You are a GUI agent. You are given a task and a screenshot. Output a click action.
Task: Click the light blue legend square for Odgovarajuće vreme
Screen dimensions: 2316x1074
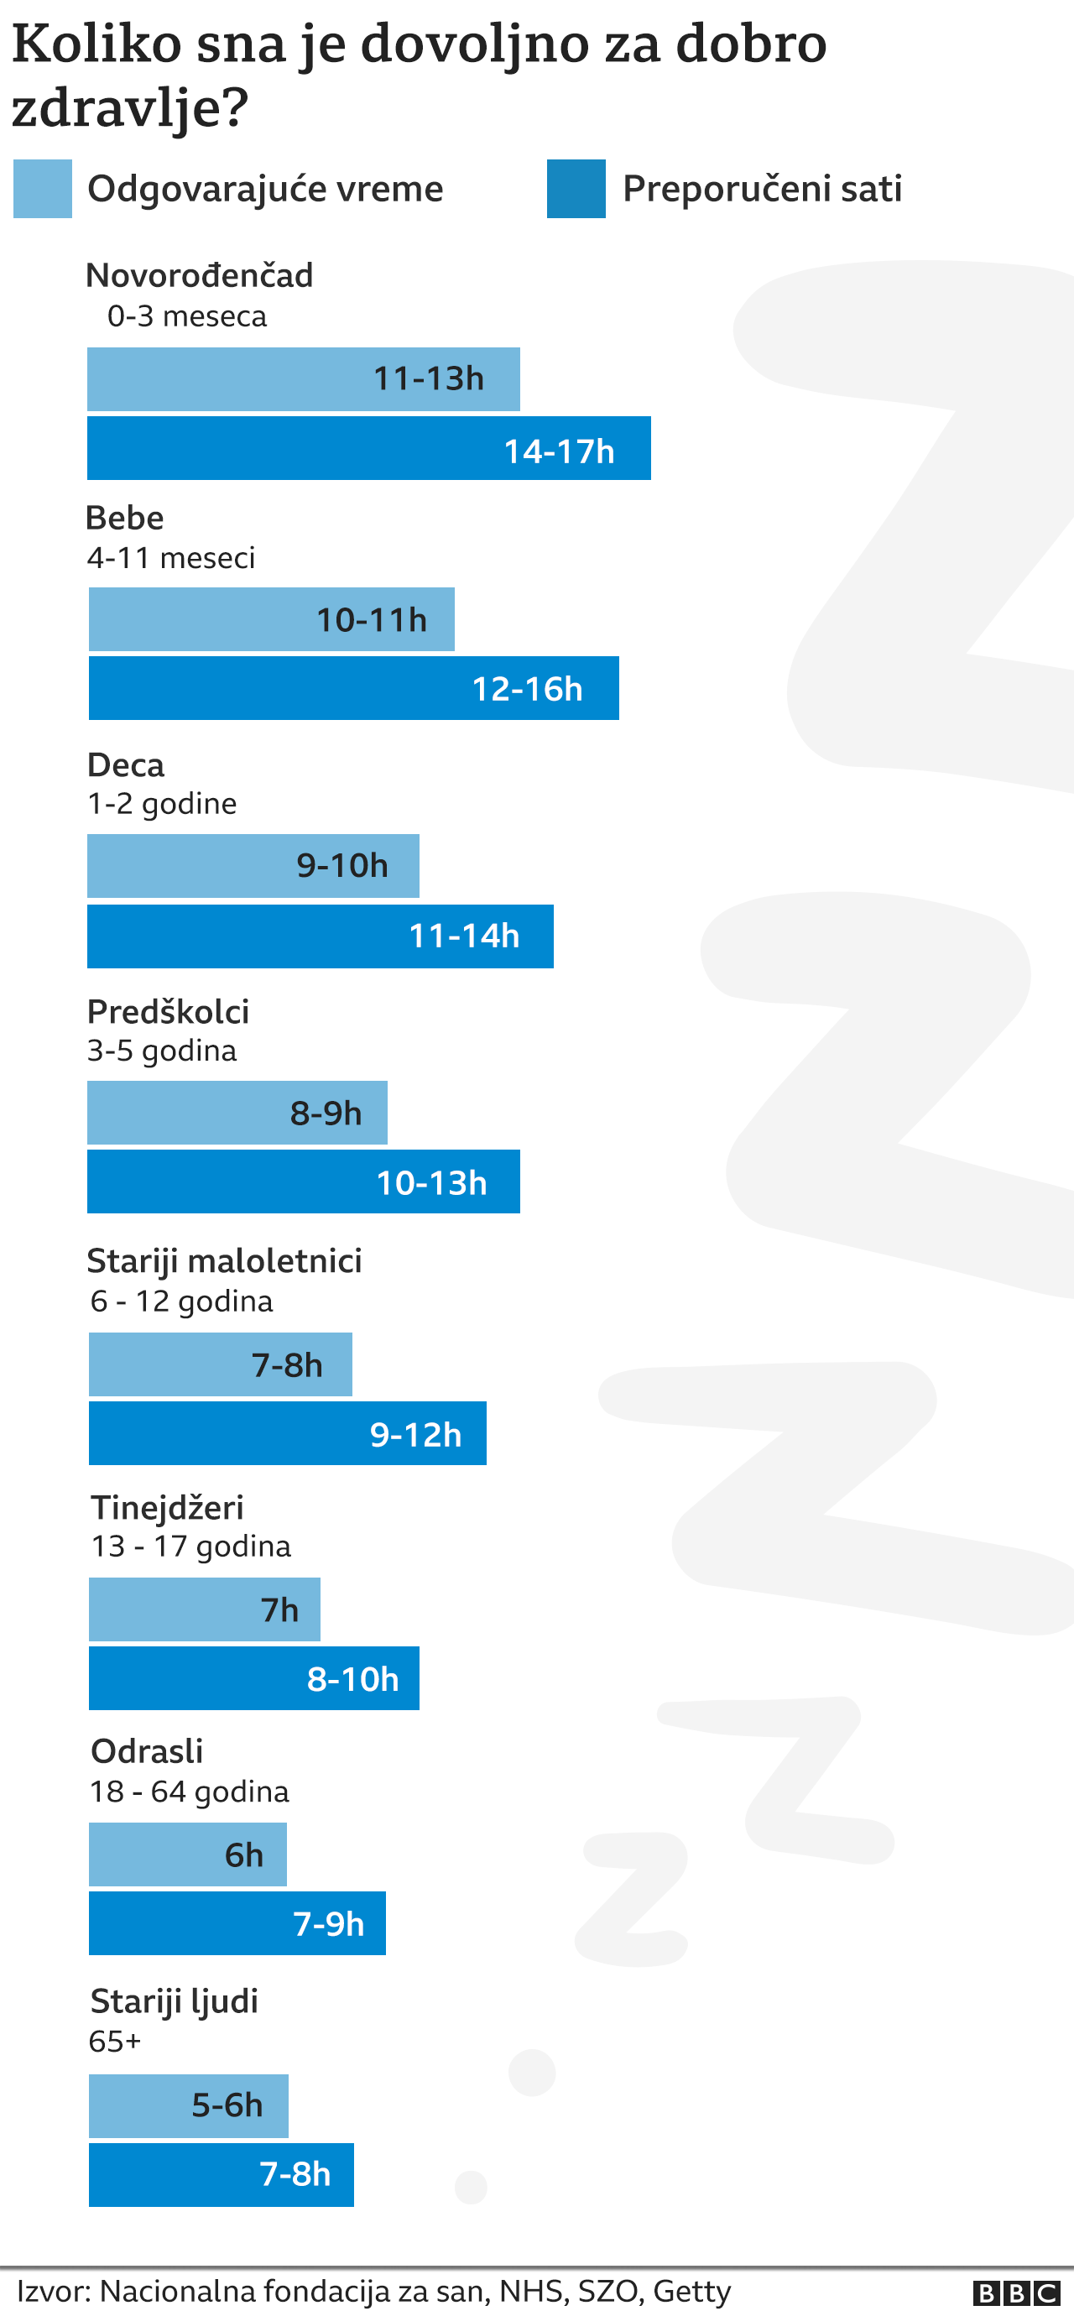[x=42, y=189]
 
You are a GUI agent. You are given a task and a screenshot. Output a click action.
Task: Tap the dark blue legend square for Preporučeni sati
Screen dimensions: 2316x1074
[x=576, y=189]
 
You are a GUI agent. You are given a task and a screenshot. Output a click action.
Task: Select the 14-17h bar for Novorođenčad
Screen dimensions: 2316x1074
[x=368, y=448]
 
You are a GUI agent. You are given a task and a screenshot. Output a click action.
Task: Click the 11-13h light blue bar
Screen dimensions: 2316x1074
[x=303, y=379]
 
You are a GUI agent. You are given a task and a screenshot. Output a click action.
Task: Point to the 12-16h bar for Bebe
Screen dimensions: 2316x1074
[x=353, y=688]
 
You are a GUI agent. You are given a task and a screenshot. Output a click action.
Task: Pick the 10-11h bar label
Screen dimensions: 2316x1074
[x=371, y=620]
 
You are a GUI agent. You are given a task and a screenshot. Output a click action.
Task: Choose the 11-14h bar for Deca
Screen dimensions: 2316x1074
[x=320, y=936]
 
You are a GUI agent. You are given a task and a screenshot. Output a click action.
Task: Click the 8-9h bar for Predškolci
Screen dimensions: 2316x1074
[x=237, y=1113]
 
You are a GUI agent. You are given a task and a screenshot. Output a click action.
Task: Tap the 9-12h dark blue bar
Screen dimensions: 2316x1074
[x=288, y=1433]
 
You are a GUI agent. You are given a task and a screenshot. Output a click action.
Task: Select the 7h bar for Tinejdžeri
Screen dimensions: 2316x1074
[x=204, y=1609]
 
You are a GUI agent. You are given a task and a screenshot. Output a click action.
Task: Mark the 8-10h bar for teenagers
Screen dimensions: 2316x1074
[x=253, y=1678]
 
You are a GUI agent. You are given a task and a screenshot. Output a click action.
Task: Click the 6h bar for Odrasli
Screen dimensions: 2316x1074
[x=187, y=1854]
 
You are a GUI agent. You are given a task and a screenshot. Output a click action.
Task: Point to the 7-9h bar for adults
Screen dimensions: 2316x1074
[x=237, y=1923]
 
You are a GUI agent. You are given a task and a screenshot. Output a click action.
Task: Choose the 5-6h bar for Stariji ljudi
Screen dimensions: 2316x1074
[x=188, y=2105]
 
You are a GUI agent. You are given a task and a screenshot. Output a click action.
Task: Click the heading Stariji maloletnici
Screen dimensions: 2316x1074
[x=224, y=1261]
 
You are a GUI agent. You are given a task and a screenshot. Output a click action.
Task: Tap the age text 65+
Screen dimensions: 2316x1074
[x=114, y=2042]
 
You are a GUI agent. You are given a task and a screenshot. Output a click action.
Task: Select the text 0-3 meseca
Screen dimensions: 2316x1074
[x=187, y=316]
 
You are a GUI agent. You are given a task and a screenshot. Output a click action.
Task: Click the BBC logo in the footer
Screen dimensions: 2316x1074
[x=1016, y=2293]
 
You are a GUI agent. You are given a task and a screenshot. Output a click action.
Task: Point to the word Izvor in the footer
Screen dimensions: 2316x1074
[x=53, y=2291]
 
